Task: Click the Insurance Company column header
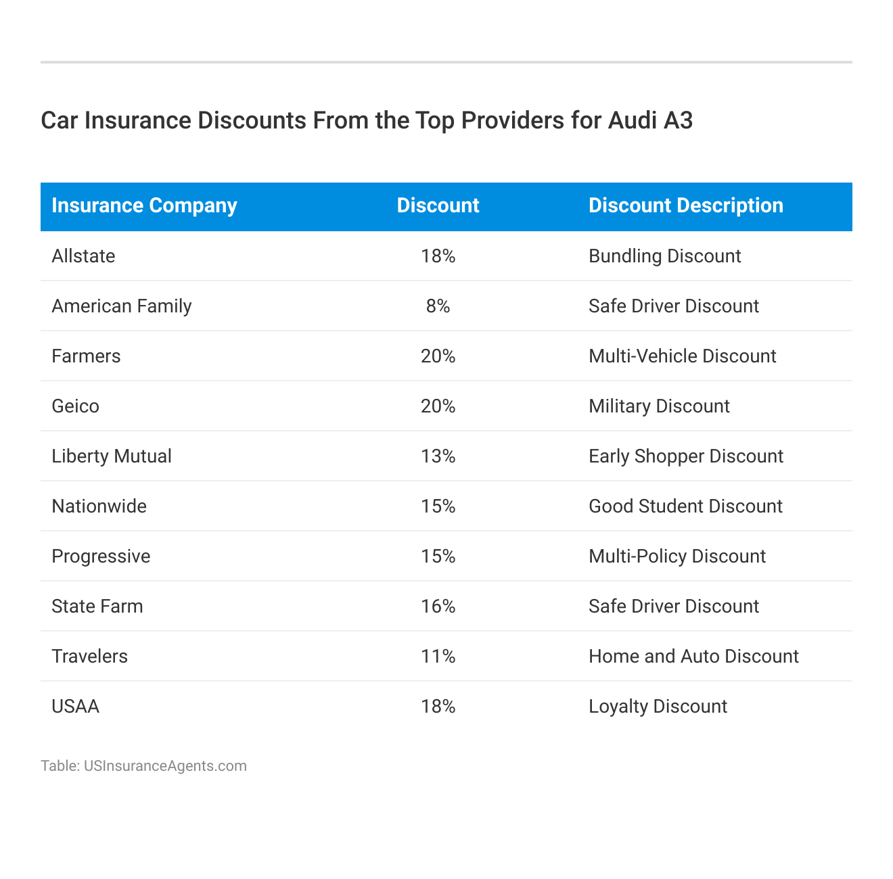point(144,206)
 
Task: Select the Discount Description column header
point(685,206)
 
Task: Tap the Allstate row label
point(83,256)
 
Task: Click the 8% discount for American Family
point(438,306)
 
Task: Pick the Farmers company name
point(86,356)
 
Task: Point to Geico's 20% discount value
point(438,406)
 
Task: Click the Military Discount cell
point(659,406)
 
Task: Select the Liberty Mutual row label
point(112,456)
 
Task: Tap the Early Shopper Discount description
point(685,456)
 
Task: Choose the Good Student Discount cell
point(685,506)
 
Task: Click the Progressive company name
point(101,556)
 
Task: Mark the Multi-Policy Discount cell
point(677,556)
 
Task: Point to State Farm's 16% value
point(438,607)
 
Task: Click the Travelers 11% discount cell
point(438,657)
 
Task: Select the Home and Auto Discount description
point(693,657)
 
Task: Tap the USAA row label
point(75,707)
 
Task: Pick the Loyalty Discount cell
point(658,707)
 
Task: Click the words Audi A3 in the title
point(650,120)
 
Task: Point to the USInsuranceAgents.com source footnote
point(165,766)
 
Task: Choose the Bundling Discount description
point(664,256)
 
